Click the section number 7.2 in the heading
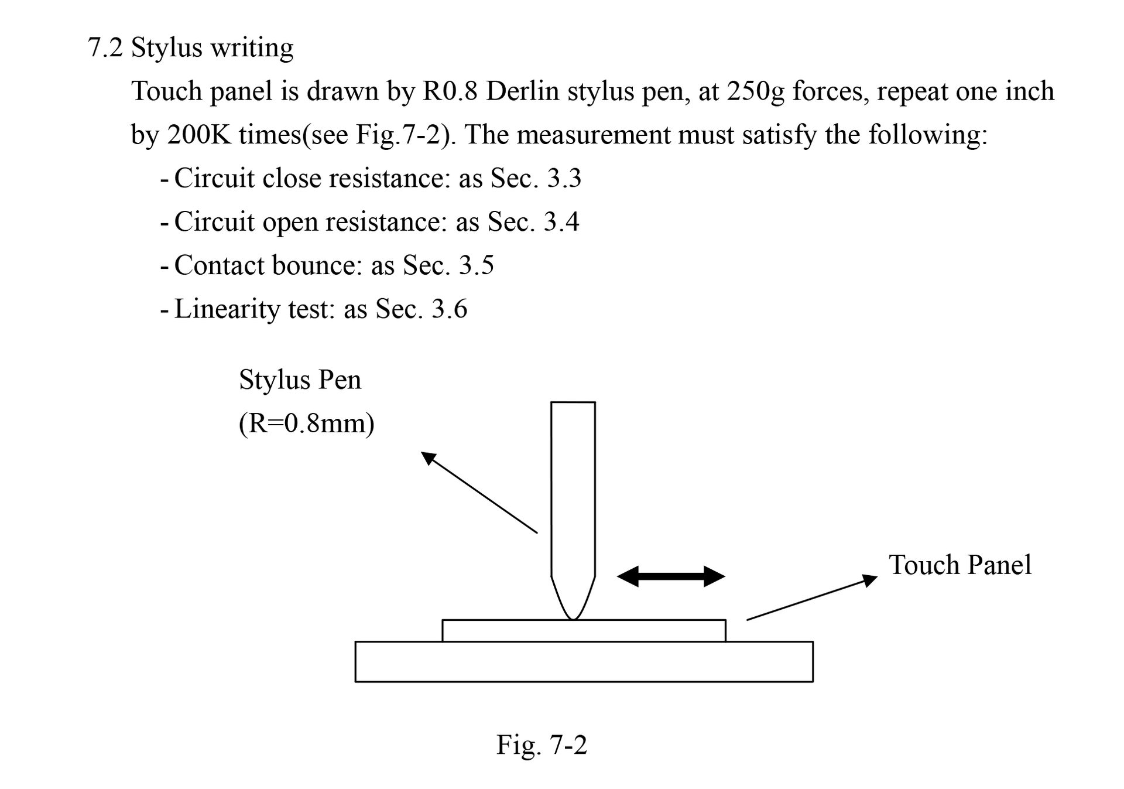click(x=105, y=47)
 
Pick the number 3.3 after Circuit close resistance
click(x=564, y=179)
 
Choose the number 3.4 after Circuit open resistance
click(x=561, y=222)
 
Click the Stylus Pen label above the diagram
click(x=300, y=380)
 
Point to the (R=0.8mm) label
click(x=307, y=423)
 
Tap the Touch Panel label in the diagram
click(x=960, y=565)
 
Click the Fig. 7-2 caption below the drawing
click(x=542, y=746)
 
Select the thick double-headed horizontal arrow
click(x=671, y=576)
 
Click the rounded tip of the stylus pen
click(x=573, y=617)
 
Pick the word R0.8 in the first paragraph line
click(x=450, y=91)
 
